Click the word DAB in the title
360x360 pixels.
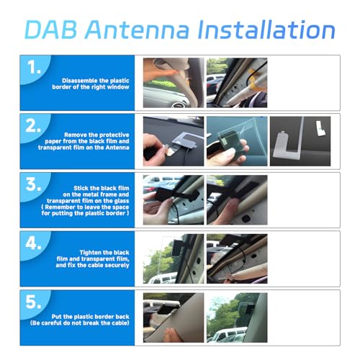tap(50, 30)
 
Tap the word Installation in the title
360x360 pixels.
tap(266, 30)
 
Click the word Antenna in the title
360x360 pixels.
tap(137, 30)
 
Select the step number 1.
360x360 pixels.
tap(34, 67)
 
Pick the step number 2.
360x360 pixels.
tap(33, 125)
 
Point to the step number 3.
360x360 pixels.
tap(33, 184)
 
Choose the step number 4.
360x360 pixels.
tap(33, 243)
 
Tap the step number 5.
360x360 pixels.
tap(33, 302)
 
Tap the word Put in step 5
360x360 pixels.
tap(56, 317)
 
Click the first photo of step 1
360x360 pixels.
tap(174, 83)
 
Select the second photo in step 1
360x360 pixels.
tap(237, 83)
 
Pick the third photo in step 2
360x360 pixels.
tap(300, 141)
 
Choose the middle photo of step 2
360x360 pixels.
tap(237, 141)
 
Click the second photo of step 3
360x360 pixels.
tap(237, 200)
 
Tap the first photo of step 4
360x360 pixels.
tap(174, 258)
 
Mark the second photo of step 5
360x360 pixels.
tap(237, 318)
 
